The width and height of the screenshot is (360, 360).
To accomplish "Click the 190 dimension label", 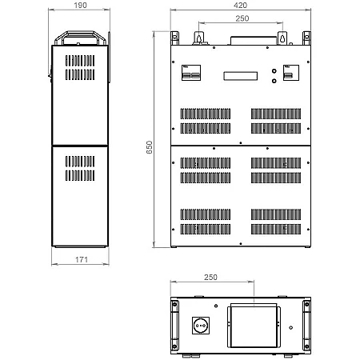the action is [x=80, y=6].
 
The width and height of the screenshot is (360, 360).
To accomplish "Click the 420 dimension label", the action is [x=240, y=6].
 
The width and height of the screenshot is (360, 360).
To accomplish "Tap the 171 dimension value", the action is [x=82, y=259].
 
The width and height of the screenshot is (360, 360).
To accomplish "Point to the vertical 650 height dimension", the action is [x=150, y=147].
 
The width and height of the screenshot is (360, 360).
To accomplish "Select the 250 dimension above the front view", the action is [x=242, y=18].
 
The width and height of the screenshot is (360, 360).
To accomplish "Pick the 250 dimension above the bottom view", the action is [x=210, y=278].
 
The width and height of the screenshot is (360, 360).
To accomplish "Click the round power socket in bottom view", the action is [x=201, y=326].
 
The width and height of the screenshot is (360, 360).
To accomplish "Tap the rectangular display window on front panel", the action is [x=241, y=76].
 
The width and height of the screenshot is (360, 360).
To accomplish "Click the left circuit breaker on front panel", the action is [x=191, y=73].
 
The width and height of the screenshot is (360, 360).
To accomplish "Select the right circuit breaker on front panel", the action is [x=291, y=73].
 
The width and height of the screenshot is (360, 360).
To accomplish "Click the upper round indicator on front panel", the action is [x=274, y=71].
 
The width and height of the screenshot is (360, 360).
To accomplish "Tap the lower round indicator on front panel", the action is [x=274, y=81].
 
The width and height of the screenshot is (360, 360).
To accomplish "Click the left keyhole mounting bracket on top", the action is [x=198, y=38].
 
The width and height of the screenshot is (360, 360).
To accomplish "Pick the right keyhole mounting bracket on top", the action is [x=282, y=38].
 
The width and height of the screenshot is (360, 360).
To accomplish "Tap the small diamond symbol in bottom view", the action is [x=291, y=327].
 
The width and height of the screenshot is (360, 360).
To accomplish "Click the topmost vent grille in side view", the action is [x=80, y=61].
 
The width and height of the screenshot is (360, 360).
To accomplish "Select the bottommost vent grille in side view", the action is [x=80, y=175].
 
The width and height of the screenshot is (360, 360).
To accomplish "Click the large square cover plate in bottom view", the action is [x=254, y=326].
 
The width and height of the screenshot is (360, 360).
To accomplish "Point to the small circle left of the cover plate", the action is [x=216, y=306].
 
